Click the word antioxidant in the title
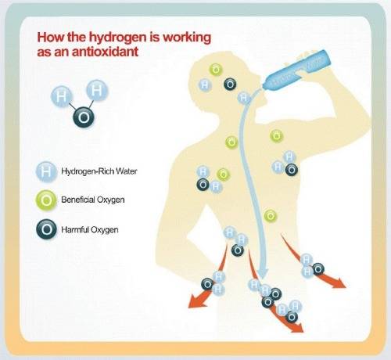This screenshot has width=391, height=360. (105, 52)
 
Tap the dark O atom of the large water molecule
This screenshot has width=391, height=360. (84, 118)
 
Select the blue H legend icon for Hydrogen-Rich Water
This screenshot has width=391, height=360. (46, 171)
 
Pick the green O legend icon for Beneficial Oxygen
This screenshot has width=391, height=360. (46, 200)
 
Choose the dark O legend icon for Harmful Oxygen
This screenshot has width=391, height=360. (46, 229)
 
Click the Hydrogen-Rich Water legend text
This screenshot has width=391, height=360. (99, 171)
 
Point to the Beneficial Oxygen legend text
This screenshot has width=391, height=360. (93, 200)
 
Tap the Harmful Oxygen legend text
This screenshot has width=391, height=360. (90, 230)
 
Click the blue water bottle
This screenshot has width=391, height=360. (296, 70)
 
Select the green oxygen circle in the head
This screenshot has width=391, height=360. (216, 70)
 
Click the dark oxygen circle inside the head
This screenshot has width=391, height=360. (231, 85)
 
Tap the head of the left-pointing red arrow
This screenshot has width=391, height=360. (197, 301)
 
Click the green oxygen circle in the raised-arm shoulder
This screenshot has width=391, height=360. (277, 136)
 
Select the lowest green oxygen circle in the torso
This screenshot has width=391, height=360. (271, 216)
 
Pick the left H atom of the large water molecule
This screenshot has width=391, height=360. (61, 97)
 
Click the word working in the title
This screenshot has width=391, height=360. (187, 37)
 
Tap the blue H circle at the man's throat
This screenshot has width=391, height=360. (244, 99)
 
